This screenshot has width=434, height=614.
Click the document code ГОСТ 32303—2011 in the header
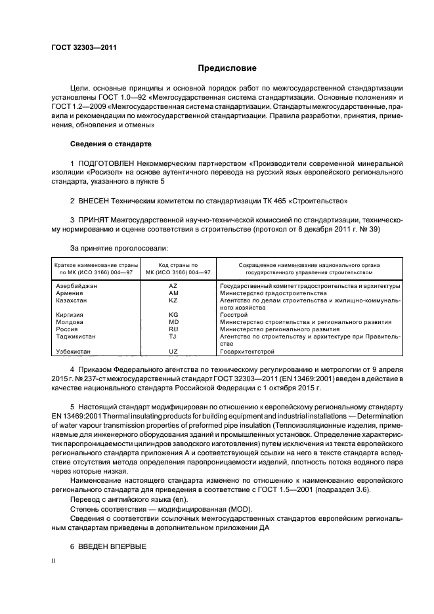coord(81,47)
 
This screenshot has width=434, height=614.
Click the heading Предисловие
coord(227,68)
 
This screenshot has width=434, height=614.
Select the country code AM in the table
coord(173,293)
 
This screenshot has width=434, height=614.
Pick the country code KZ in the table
coord(173,300)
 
